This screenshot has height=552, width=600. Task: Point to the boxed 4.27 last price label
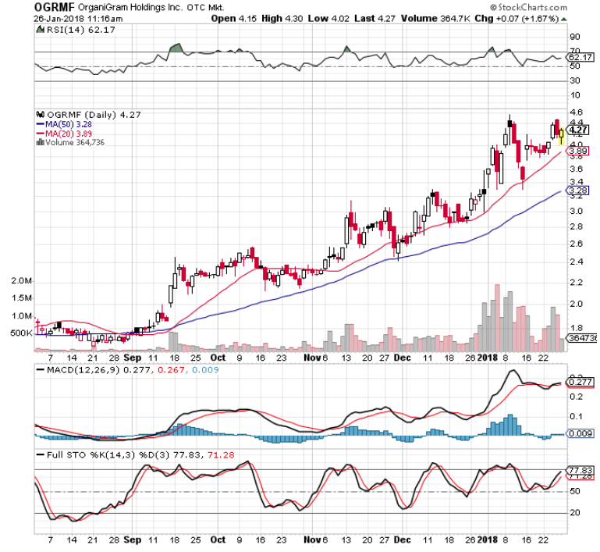tap(578, 130)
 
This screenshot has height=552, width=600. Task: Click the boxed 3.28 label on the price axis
tap(578, 190)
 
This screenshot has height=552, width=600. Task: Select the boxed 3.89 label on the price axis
tap(578, 151)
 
